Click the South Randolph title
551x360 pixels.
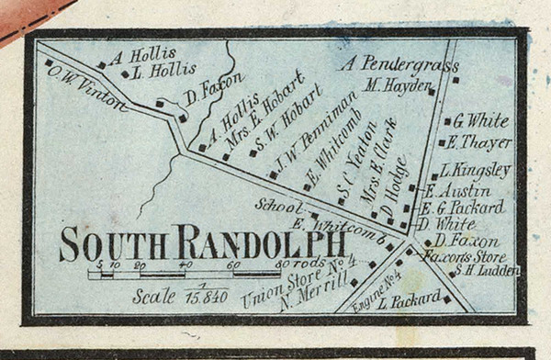pyautogui.click(x=202, y=243)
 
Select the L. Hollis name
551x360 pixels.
pyautogui.click(x=165, y=70)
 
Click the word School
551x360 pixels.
pyautogui.click(x=272, y=206)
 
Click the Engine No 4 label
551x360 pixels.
pyautogui.click(x=377, y=293)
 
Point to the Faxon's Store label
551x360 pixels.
pyautogui.click(x=452, y=255)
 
